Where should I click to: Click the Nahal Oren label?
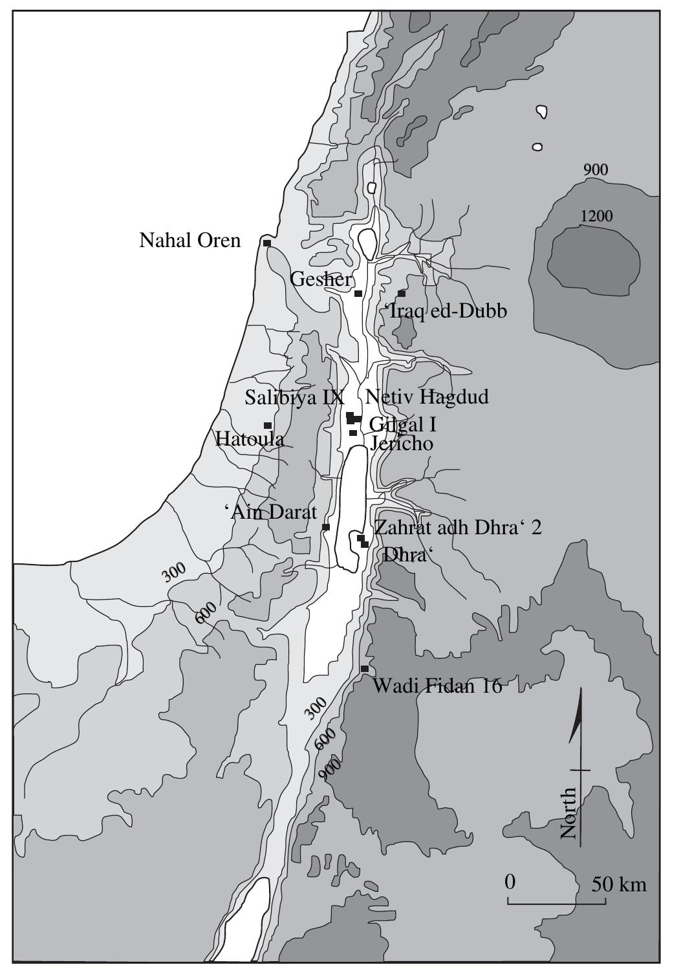click(x=189, y=241)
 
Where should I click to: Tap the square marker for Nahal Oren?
click(x=266, y=243)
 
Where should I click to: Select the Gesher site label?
click(x=321, y=279)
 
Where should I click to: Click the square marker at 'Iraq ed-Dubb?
click(x=401, y=294)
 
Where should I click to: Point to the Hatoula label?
click(x=250, y=439)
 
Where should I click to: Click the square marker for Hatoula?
click(x=267, y=425)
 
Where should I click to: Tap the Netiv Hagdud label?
click(x=427, y=396)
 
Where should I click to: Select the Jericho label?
click(x=401, y=444)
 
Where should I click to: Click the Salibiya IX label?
click(x=294, y=397)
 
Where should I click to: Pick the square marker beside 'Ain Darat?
click(x=325, y=527)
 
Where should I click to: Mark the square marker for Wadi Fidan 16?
click(x=364, y=668)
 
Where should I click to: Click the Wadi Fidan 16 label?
click(x=437, y=686)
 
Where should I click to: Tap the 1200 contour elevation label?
click(x=596, y=216)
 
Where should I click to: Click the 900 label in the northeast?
click(x=595, y=170)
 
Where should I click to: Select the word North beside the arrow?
click(x=568, y=813)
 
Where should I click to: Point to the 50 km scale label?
click(x=619, y=884)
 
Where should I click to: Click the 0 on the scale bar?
click(x=510, y=882)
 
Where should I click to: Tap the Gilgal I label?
click(x=403, y=424)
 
